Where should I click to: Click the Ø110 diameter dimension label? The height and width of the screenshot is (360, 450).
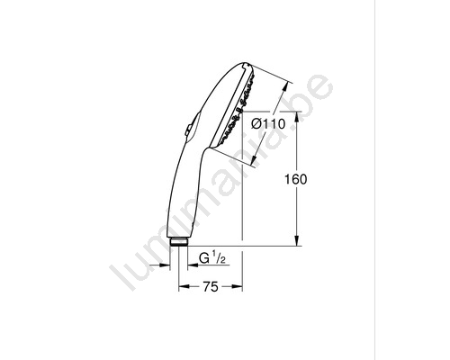tap(268, 123)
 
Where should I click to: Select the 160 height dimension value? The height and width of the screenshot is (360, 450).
tap(295, 179)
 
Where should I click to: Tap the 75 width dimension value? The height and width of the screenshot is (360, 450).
tap(211, 287)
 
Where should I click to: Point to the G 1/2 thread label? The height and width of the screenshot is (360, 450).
tap(212, 257)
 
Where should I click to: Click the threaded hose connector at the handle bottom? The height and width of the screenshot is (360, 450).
tap(179, 242)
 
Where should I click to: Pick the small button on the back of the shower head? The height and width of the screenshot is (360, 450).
tap(187, 130)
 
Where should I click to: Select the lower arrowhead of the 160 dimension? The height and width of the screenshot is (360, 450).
tap(297, 240)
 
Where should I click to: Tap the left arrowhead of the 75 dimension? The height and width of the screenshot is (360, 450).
tap(184, 287)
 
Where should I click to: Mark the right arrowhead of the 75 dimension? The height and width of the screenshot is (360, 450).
tap(237, 287)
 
